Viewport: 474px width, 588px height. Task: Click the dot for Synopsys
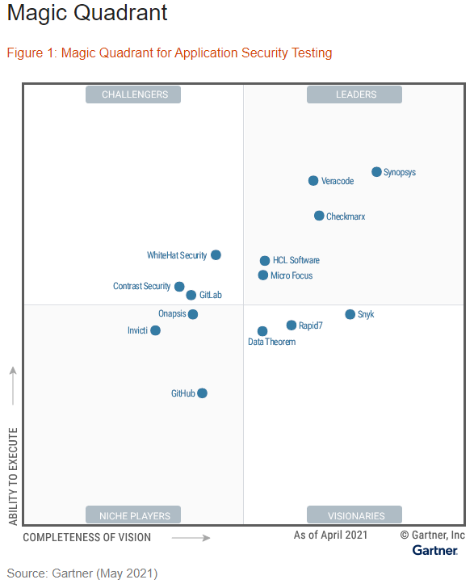coord(376,172)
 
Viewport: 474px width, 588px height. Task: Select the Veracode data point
coord(313,181)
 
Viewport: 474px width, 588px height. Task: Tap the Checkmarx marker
coord(319,216)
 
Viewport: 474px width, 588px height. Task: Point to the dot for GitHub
coord(202,393)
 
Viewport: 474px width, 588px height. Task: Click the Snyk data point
coord(350,314)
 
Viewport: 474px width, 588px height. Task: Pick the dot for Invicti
coord(155,330)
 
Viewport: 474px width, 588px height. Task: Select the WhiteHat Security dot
coord(216,255)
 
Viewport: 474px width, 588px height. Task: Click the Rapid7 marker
coord(292,325)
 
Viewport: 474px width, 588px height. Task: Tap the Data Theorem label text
coord(271,342)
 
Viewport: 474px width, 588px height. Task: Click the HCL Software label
coord(296,261)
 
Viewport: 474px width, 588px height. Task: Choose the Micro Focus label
coord(292,276)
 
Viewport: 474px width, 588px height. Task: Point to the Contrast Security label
coord(141,287)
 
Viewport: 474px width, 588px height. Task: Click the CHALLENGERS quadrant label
coord(134,94)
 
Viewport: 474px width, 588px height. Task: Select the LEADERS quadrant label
coord(355,94)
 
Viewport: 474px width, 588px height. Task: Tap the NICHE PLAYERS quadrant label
coord(134,515)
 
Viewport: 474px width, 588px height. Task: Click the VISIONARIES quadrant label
coord(355,515)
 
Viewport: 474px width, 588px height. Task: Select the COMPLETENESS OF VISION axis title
coord(86,538)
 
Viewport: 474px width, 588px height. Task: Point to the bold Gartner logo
coord(435,551)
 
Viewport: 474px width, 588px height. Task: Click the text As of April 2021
coord(330,535)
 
